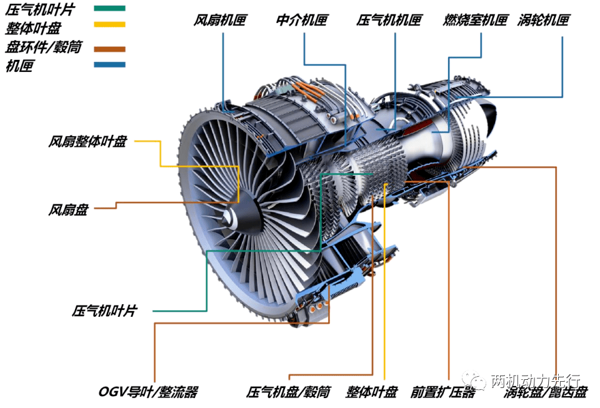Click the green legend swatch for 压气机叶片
coord(109,8)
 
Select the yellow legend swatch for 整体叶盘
coord(109,24)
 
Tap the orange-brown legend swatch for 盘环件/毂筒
coord(109,49)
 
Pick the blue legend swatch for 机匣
coord(109,64)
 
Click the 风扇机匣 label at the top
coord(220,20)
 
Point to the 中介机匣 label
coord(302,20)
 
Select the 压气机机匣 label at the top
coord(389,20)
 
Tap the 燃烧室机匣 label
coord(476,20)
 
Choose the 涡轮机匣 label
coord(544,20)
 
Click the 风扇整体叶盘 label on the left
coord(87,141)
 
